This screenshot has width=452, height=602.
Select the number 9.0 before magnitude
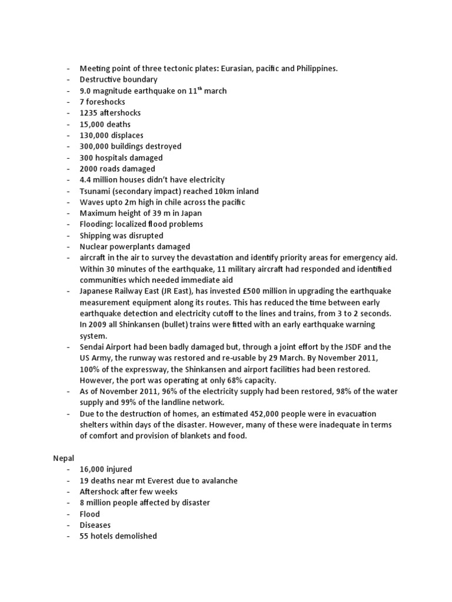click(87, 91)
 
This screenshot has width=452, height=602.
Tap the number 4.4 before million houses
click(86, 180)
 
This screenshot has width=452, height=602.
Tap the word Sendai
click(94, 347)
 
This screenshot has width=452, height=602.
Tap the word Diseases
click(96, 525)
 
